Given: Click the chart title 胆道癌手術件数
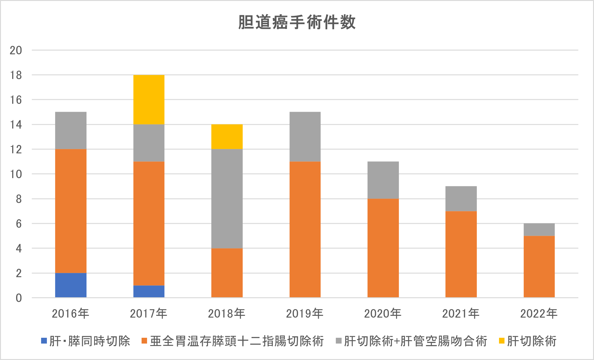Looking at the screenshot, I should click(297, 22).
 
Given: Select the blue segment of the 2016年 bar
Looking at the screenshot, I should click(71, 285).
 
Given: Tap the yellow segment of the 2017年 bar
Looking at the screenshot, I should click(149, 99).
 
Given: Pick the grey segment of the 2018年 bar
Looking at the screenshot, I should click(227, 199).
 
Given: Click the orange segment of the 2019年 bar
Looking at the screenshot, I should click(305, 229).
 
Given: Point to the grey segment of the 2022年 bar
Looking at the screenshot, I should click(539, 230).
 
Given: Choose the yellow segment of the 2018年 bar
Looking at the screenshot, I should click(227, 136).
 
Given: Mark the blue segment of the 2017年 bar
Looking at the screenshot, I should click(149, 291).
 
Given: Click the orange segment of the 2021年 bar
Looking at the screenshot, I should click(461, 254).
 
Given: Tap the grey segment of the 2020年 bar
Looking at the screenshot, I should click(383, 180).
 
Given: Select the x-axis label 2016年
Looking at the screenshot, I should click(71, 313).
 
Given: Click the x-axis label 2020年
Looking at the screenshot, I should click(383, 313).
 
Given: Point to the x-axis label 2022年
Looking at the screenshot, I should click(539, 313).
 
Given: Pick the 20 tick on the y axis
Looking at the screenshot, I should click(16, 50).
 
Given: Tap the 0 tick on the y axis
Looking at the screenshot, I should click(19, 298).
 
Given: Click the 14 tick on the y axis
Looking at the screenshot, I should click(16, 125).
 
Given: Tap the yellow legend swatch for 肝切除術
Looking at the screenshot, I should click(502, 341).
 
